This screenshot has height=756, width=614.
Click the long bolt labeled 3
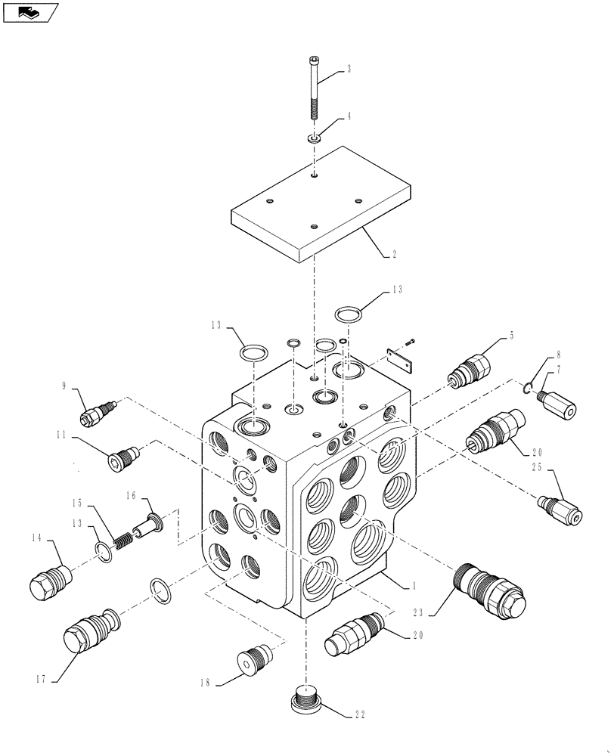pos(315,91)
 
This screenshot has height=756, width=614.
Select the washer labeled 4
pos(315,139)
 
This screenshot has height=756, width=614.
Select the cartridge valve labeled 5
pos(470,370)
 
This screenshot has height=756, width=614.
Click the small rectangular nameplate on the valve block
pos(401,361)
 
